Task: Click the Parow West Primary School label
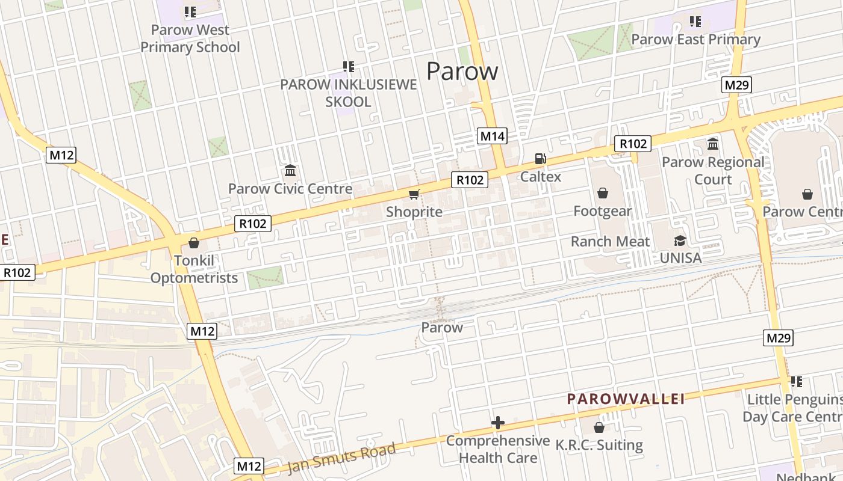(190, 38)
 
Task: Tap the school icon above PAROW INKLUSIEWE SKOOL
(349, 66)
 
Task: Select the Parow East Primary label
(695, 40)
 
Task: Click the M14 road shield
(492, 136)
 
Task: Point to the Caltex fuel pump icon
(541, 159)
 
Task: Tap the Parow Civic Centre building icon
(290, 171)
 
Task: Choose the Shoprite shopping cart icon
(414, 194)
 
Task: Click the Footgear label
(602, 211)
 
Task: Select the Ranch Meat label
(610, 242)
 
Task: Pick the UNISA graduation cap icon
(680, 240)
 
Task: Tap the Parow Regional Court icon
(713, 144)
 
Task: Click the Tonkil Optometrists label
(194, 269)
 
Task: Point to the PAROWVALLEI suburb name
(626, 399)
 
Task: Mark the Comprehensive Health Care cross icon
(498, 423)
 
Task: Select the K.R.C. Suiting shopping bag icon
(599, 427)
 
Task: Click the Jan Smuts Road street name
(341, 458)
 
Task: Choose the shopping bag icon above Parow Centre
(807, 194)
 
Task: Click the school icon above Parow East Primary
(695, 22)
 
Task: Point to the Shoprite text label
(414, 212)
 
